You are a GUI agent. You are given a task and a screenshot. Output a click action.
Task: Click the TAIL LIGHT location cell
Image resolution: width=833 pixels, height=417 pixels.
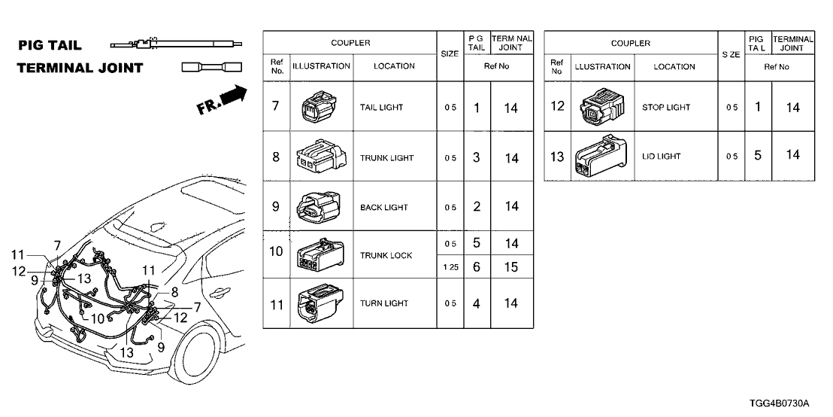point(381,108)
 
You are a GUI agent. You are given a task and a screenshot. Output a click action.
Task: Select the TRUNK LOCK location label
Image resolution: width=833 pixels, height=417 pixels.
point(386,256)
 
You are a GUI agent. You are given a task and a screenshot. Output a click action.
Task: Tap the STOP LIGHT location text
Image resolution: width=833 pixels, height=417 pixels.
point(666,108)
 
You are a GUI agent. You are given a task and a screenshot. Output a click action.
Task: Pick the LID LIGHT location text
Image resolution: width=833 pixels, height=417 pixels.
point(661,157)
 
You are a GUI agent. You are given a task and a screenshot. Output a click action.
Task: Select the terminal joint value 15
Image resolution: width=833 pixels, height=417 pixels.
point(511,267)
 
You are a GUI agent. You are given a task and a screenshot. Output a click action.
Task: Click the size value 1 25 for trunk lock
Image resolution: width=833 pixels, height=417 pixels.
point(449,267)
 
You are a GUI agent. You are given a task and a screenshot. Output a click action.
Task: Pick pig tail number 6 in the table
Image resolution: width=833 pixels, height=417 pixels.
point(477,267)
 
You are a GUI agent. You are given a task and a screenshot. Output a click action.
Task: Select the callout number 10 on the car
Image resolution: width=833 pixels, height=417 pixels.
point(96,318)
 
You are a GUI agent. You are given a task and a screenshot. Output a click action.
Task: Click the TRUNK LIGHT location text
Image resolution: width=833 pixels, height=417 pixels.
point(386,158)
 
